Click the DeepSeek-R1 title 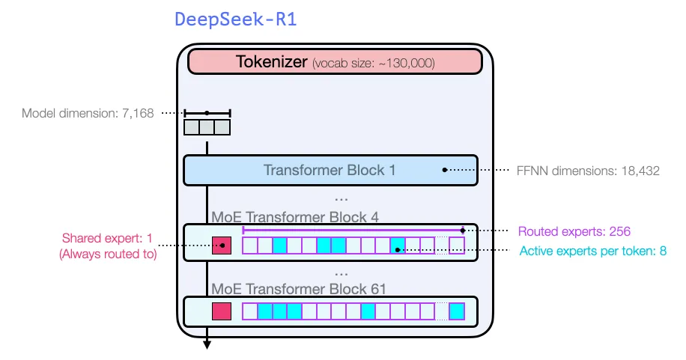tap(236, 19)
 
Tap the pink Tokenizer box tap(335, 62)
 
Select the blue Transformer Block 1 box tap(330, 170)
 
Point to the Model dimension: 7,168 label tap(88, 114)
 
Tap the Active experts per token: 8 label tap(592, 251)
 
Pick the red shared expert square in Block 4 tap(222, 245)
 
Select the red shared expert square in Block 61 tap(222, 311)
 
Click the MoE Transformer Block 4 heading tap(295, 218)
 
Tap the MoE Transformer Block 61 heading tap(298, 287)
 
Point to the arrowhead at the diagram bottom tap(207, 344)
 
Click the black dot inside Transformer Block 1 tap(445, 170)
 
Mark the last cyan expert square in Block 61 tap(456, 311)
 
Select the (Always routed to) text tap(107, 254)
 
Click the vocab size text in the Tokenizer tap(373, 63)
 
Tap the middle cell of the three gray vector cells tap(207, 127)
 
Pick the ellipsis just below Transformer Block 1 tap(341, 198)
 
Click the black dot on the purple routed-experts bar tap(463, 231)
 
